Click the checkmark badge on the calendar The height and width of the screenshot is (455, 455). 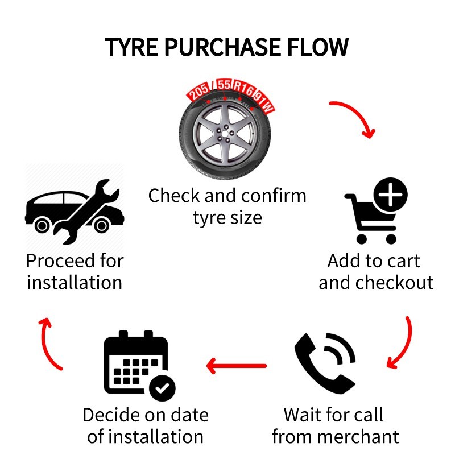point(162,389)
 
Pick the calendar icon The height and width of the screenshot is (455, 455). point(136,364)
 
